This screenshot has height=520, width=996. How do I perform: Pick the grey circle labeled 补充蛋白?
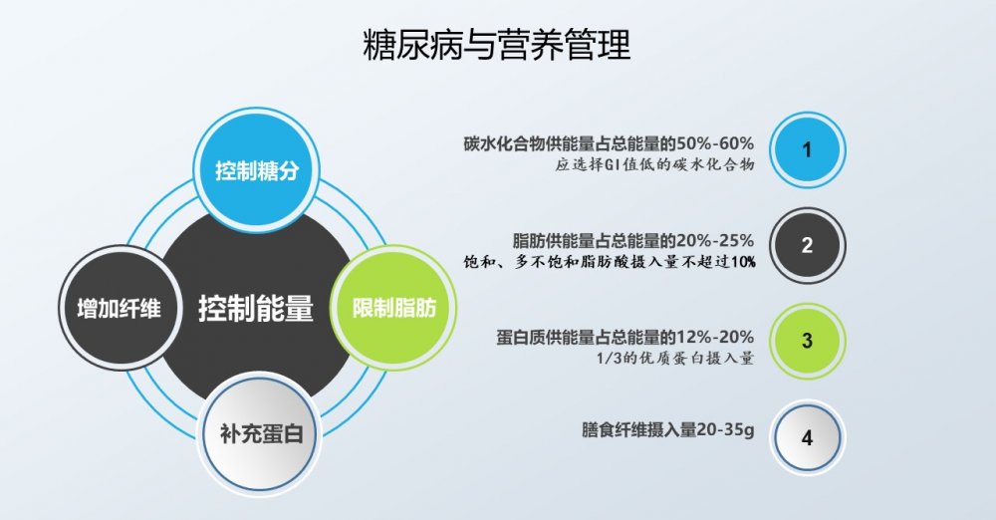coord(267,433)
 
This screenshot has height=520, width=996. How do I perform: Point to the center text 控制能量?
coord(256,308)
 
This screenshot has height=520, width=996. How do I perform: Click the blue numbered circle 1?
coord(807,149)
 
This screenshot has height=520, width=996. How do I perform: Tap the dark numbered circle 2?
coord(807,244)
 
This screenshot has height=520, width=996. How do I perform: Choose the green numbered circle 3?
coord(807,340)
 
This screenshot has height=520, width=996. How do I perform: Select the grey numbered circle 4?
coord(807,436)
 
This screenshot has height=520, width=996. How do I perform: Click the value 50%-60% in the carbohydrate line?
coord(714,143)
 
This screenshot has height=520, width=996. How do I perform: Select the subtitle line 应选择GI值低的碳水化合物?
coord(653,165)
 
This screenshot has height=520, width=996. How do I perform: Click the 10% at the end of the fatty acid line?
coord(741,262)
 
